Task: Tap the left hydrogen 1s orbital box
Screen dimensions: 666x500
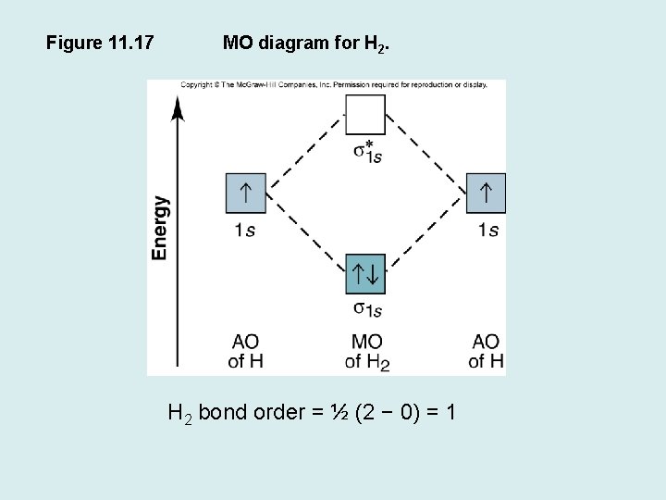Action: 245,194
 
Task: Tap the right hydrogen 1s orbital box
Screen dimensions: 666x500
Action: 487,194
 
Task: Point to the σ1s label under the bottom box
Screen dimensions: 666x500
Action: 367,309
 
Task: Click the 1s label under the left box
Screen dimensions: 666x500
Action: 244,230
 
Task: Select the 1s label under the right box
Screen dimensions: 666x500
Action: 487,230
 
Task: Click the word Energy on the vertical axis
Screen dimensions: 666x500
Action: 161,227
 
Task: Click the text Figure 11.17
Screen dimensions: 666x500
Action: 100,42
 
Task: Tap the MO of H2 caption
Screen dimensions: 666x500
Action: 367,352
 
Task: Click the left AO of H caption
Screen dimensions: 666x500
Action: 245,352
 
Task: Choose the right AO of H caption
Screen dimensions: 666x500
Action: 486,352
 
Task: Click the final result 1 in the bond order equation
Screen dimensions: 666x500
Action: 450,412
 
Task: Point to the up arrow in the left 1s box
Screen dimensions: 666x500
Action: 245,193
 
